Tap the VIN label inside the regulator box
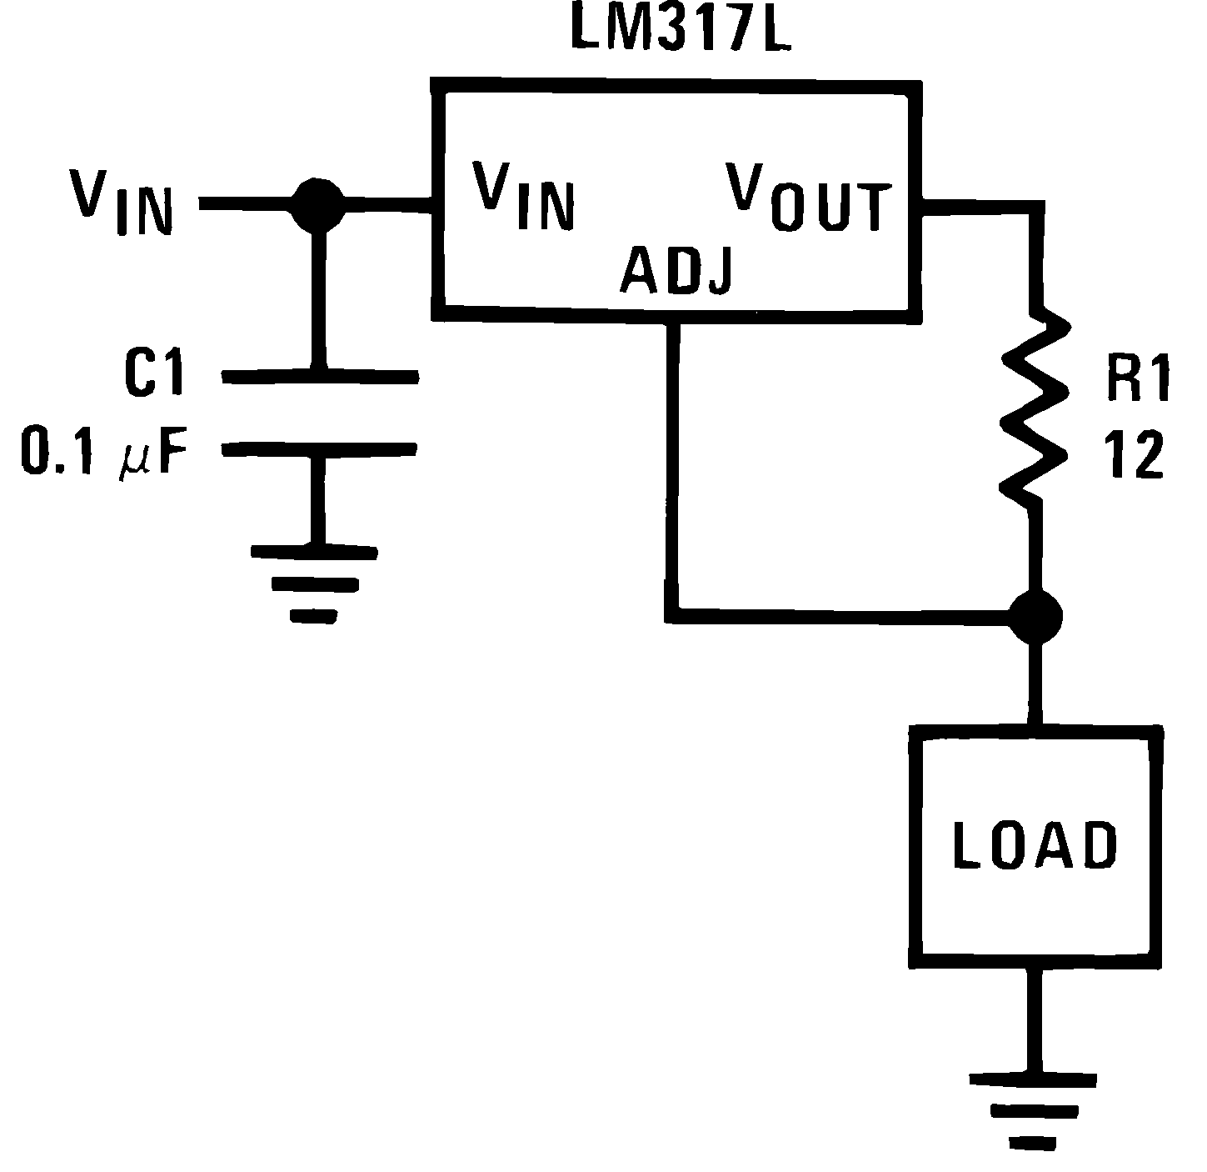point(523,195)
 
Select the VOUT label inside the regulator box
point(808,198)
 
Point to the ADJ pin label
point(676,271)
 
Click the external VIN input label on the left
point(122,203)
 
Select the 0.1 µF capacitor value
point(105,453)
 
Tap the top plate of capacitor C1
point(319,378)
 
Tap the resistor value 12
point(1135,455)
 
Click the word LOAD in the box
point(1034,844)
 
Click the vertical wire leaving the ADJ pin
point(673,467)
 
